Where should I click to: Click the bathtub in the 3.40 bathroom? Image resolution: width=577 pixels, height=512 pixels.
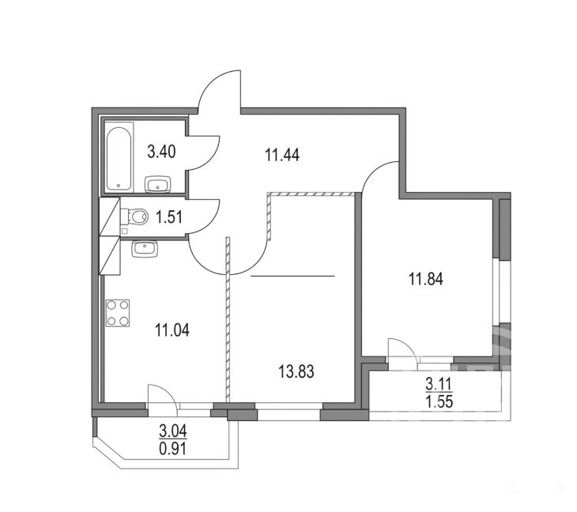[119, 157]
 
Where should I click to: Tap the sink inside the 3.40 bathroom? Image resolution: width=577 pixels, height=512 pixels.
[158, 184]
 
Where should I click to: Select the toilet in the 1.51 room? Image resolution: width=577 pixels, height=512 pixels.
[134, 216]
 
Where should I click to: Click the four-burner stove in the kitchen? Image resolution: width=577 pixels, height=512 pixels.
[118, 313]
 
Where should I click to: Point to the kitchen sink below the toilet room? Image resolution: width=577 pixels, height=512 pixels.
[145, 249]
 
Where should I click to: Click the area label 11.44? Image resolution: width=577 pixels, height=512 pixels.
[282, 155]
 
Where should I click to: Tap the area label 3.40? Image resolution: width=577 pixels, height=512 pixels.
[161, 151]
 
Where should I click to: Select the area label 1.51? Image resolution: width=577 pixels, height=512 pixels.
[169, 216]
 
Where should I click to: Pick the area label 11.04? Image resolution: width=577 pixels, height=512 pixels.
[172, 330]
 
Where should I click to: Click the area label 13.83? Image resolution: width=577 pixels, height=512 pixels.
[296, 371]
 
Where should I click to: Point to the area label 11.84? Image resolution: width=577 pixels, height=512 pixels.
[426, 278]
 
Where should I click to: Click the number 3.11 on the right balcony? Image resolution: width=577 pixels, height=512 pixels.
[438, 385]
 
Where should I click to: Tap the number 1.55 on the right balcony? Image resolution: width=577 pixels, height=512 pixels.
[439, 401]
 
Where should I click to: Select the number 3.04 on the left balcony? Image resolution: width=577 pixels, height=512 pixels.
[173, 431]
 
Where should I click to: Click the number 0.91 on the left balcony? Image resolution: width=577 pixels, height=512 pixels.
[173, 448]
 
